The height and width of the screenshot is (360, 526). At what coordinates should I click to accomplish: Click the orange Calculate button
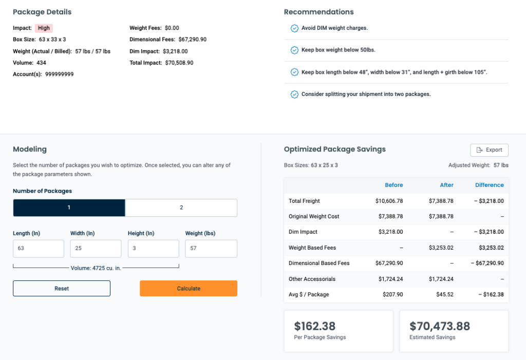188,288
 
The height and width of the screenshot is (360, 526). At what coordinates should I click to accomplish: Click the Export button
489,150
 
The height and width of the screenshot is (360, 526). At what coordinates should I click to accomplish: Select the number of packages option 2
181,207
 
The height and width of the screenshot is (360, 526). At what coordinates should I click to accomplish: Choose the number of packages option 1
69,207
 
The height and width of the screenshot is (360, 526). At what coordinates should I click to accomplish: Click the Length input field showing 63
39,249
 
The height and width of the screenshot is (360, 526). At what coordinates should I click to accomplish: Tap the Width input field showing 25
96,249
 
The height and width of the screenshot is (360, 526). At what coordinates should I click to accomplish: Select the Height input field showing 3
153,249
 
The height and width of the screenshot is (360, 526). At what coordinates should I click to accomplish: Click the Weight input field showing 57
211,249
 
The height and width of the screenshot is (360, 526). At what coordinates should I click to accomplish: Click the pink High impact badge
44,28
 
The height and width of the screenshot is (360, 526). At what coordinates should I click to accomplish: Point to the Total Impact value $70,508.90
179,63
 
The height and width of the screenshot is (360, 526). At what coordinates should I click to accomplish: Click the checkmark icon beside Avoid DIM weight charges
294,28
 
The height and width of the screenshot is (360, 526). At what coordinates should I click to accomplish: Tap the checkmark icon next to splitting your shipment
294,94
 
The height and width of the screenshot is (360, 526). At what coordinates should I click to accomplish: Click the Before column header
393,185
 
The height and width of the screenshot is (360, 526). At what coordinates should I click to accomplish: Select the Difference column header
490,185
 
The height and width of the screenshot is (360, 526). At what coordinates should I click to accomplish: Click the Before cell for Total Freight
389,201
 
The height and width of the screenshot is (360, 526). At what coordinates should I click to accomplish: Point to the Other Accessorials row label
312,279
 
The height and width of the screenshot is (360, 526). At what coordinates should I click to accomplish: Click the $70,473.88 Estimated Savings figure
439,326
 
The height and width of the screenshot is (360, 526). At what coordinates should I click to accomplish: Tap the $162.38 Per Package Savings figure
314,326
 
